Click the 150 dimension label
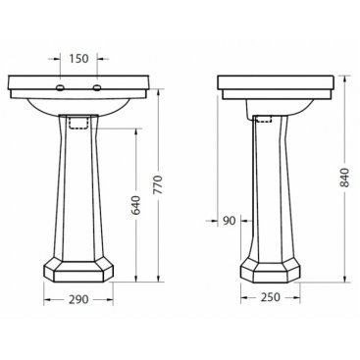click(78, 59)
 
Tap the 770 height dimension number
click(158, 185)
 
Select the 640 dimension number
click(136, 205)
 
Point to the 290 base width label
click(78, 299)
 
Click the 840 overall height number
click(344, 178)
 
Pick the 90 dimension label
click(229, 221)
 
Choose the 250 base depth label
click(271, 297)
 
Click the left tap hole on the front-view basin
click(61, 87)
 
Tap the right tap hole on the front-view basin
click(97, 87)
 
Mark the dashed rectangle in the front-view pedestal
click(78, 122)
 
